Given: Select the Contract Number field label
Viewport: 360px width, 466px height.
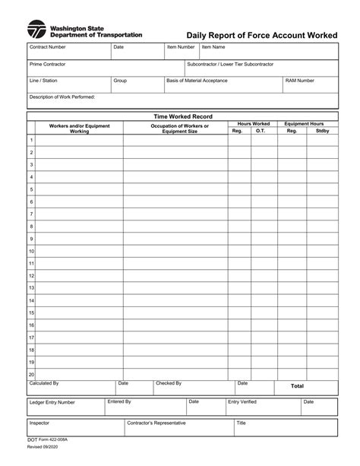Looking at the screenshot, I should pyautogui.click(x=48, y=47).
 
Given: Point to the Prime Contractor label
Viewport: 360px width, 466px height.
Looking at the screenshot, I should pyautogui.click(x=48, y=65).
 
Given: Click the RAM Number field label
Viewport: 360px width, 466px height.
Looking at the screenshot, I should pyautogui.click(x=300, y=80).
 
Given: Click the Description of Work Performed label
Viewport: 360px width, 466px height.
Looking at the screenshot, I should pyautogui.click(x=62, y=97).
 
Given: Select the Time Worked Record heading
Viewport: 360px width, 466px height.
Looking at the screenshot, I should pyautogui.click(x=183, y=116).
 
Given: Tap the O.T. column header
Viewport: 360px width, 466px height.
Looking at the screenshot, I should pyautogui.click(x=261, y=131).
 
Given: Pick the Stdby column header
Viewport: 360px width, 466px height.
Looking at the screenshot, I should pyautogui.click(x=322, y=131).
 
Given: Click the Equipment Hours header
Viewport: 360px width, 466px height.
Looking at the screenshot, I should pyautogui.click(x=304, y=124).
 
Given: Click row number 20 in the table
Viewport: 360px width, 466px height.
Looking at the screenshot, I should pyautogui.click(x=31, y=374).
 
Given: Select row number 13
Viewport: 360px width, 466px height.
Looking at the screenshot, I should pyautogui.click(x=31, y=288).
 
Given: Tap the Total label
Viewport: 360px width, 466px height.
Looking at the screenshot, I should pyautogui.click(x=298, y=386).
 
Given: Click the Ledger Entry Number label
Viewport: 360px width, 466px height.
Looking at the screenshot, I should pyautogui.click(x=52, y=402).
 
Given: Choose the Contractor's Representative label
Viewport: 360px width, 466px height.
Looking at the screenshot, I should pyautogui.click(x=158, y=423).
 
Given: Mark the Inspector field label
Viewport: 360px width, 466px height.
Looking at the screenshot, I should pyautogui.click(x=39, y=423).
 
